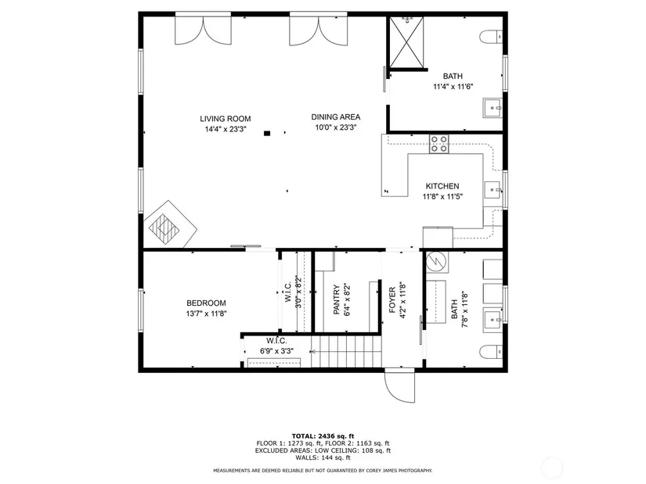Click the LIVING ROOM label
pos(226,119)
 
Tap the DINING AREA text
pos(336,117)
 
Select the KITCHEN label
pos(442,186)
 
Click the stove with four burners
pos(439,144)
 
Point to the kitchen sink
pos(493,190)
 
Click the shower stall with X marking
pos(406,41)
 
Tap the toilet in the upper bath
pos(491,37)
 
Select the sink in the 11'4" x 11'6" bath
pos(493,108)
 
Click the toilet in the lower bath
pos(491,352)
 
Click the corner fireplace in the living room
pos(170,224)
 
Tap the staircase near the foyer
pos(345,352)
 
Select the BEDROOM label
pos(206,303)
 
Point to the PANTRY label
pos(336,299)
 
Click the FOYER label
pos(392,299)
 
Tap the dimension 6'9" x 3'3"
pos(276,351)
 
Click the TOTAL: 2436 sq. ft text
pos(323,436)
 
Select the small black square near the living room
pos(267,133)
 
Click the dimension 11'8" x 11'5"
pos(442,197)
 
